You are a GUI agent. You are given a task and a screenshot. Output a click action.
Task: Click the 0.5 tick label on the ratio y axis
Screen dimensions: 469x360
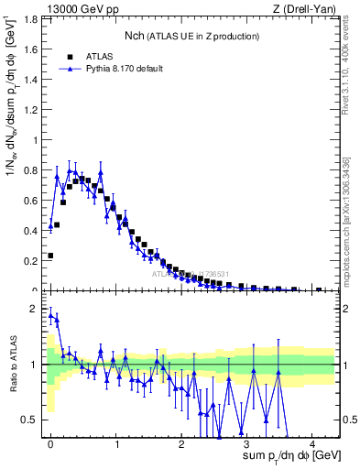point(34,420)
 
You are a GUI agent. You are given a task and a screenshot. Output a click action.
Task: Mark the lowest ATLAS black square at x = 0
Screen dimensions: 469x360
point(50,256)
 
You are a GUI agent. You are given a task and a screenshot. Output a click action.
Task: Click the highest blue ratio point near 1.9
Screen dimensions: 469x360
point(50,315)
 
